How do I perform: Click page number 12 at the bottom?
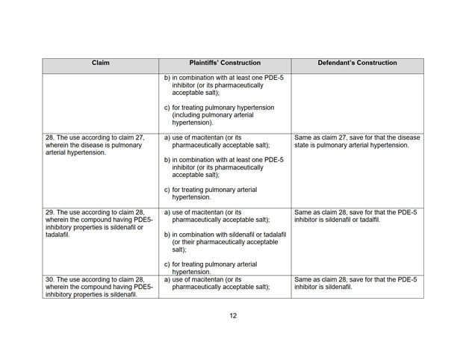pyautogui.click(x=233, y=316)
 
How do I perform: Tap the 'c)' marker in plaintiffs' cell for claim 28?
pyautogui.click(x=167, y=189)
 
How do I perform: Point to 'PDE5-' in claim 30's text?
pyautogui.click(x=137, y=287)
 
